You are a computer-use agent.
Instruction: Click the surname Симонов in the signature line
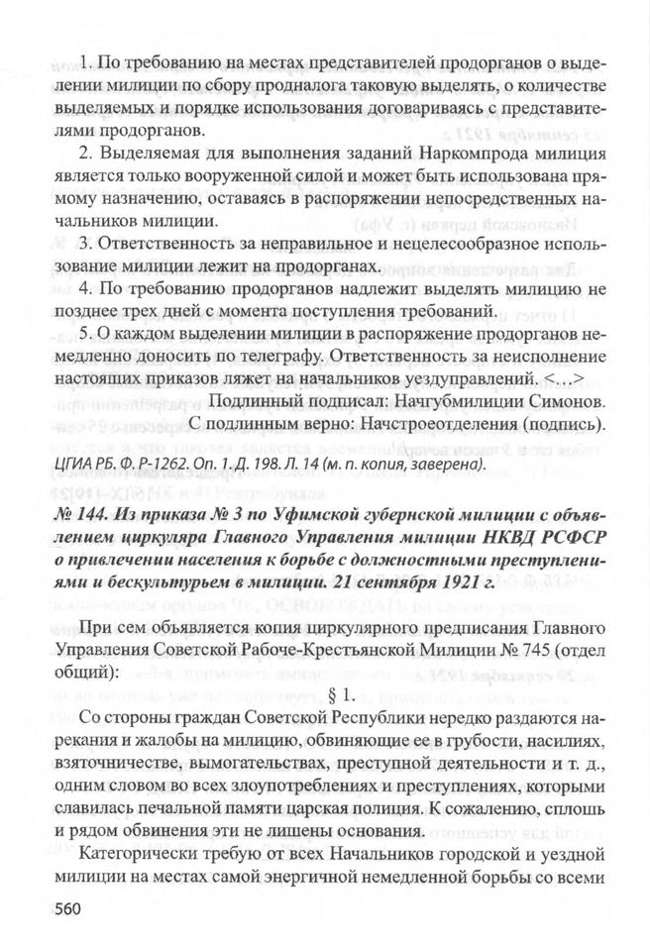pos(563,404)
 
